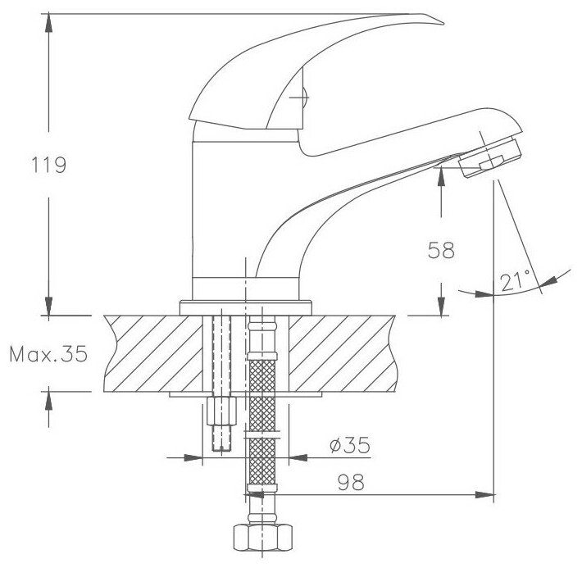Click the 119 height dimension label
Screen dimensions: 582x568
[x=48, y=165]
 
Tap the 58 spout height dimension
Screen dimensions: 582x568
[x=441, y=250]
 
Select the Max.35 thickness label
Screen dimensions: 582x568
[x=48, y=354]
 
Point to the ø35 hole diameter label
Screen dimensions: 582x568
[x=350, y=445]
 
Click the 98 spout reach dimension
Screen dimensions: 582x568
[x=351, y=482]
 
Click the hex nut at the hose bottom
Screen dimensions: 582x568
[x=263, y=537]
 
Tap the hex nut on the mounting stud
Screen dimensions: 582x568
[x=221, y=411]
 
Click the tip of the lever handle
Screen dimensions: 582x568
[x=443, y=24]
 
